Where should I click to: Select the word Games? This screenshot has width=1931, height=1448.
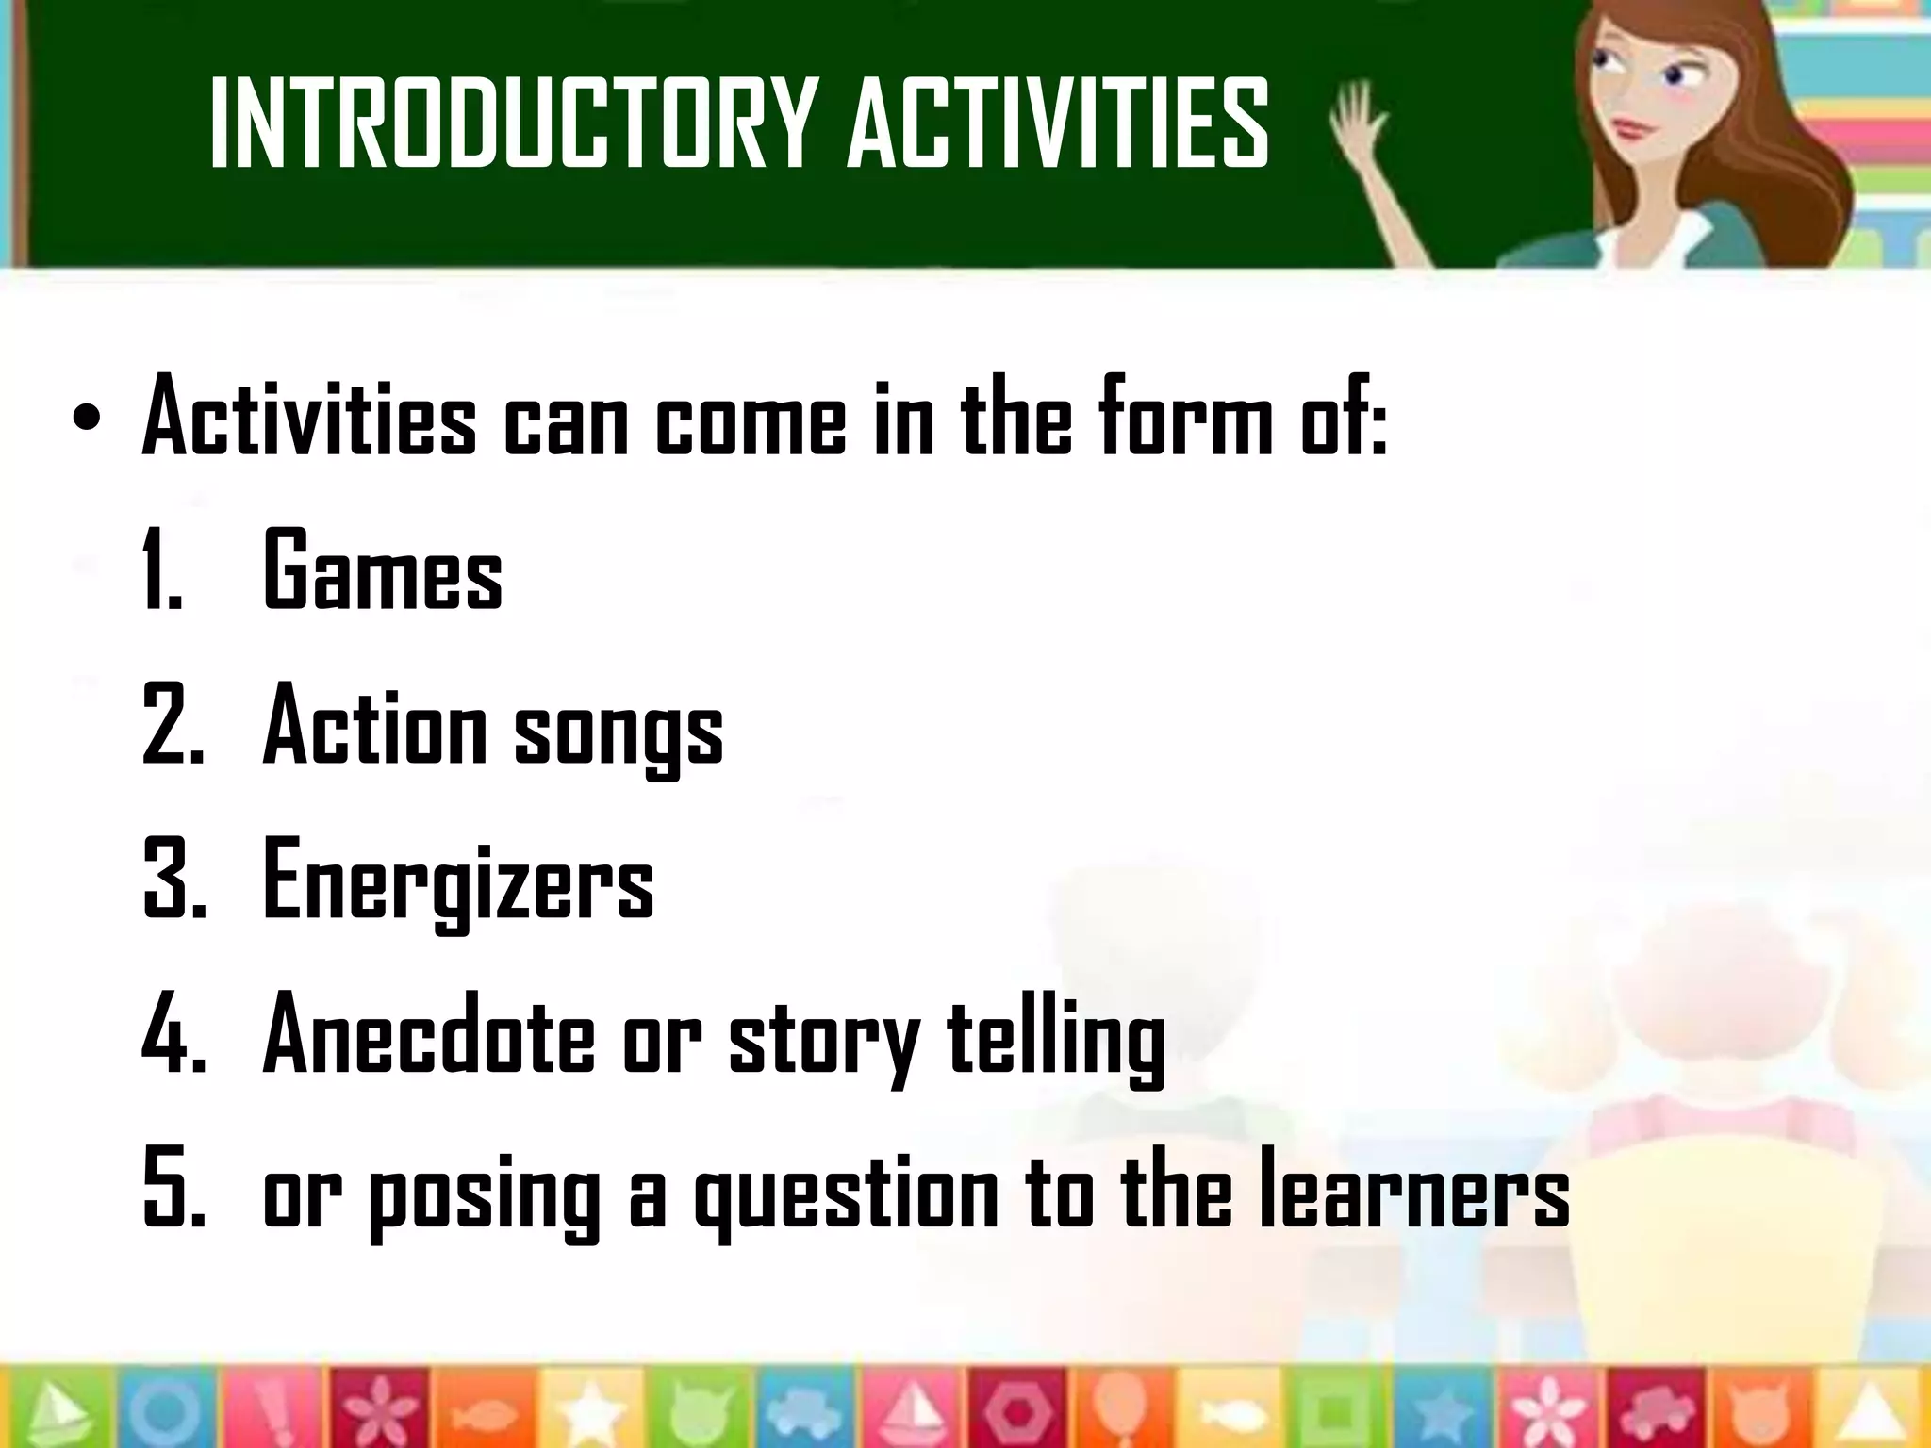click(382, 571)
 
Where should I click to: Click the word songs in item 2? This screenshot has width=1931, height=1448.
click(619, 730)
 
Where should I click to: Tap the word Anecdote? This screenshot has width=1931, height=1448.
click(429, 1036)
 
